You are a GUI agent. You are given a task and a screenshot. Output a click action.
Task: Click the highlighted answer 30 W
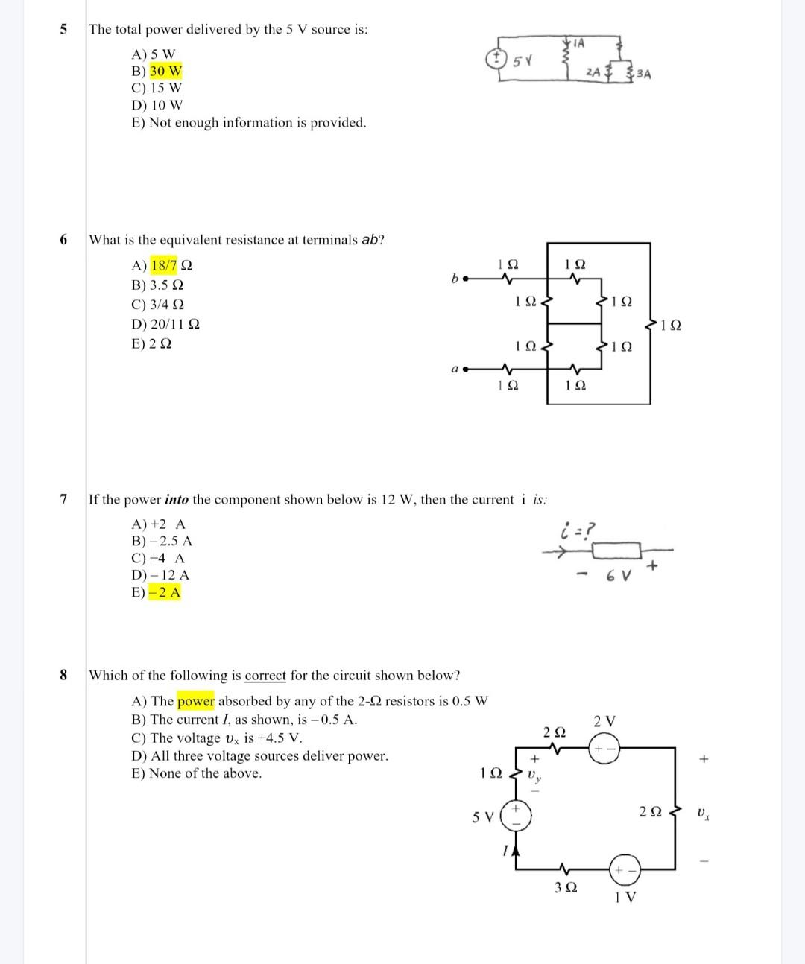(165, 72)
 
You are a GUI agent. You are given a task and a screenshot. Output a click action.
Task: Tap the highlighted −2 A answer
(165, 593)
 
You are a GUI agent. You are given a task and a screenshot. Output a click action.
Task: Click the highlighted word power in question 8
(196, 701)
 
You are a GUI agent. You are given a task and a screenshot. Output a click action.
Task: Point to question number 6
(63, 239)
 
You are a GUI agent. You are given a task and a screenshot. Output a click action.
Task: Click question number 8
(63, 675)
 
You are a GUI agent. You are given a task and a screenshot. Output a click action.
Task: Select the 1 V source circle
(625, 870)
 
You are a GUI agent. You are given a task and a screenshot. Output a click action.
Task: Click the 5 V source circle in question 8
(514, 816)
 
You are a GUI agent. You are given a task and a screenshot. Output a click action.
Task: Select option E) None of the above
(197, 773)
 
